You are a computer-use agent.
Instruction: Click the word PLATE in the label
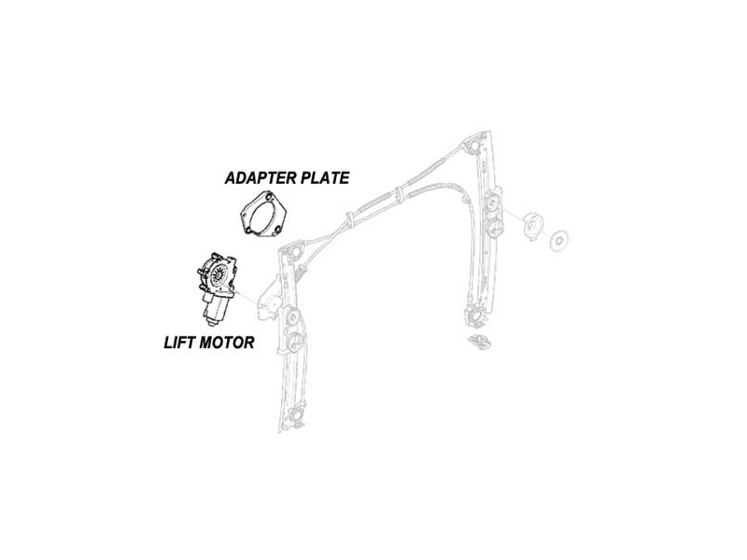pos(325,178)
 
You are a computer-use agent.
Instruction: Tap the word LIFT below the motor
pos(177,343)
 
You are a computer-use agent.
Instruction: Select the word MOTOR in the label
pos(226,343)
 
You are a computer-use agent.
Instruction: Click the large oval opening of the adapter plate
pos(264,217)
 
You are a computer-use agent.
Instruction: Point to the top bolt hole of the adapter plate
pos(270,197)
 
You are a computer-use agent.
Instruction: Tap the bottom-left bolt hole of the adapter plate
pos(247,231)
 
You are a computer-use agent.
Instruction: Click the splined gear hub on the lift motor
pos(218,274)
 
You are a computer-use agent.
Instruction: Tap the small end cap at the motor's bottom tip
pos(212,322)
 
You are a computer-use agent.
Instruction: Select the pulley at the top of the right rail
pos(475,145)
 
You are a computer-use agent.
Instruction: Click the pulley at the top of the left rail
pos(292,253)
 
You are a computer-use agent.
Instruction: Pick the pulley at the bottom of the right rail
pos(474,315)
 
